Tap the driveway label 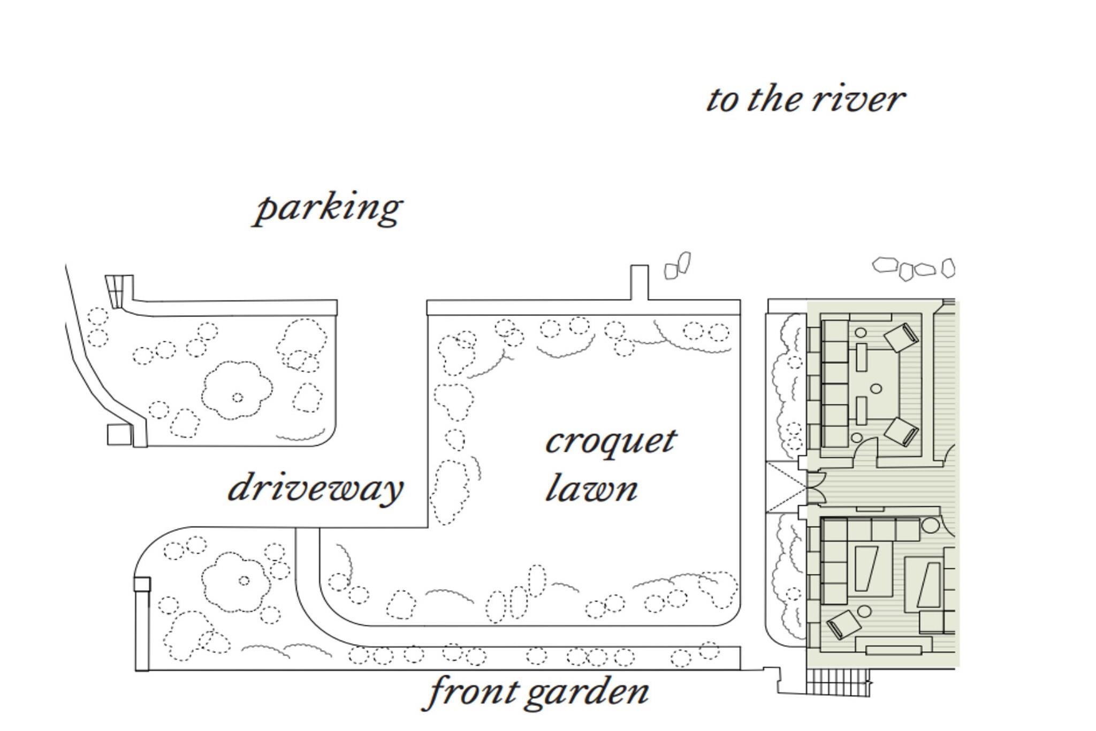[315, 488]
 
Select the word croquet [611, 442]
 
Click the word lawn [591, 488]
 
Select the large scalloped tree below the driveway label [236, 582]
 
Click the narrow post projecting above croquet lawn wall [639, 282]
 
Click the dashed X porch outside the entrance [786, 487]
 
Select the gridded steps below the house [837, 683]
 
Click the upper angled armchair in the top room [901, 337]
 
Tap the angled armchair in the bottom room [843, 624]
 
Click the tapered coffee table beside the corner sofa [865, 568]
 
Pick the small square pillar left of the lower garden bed [142, 584]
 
